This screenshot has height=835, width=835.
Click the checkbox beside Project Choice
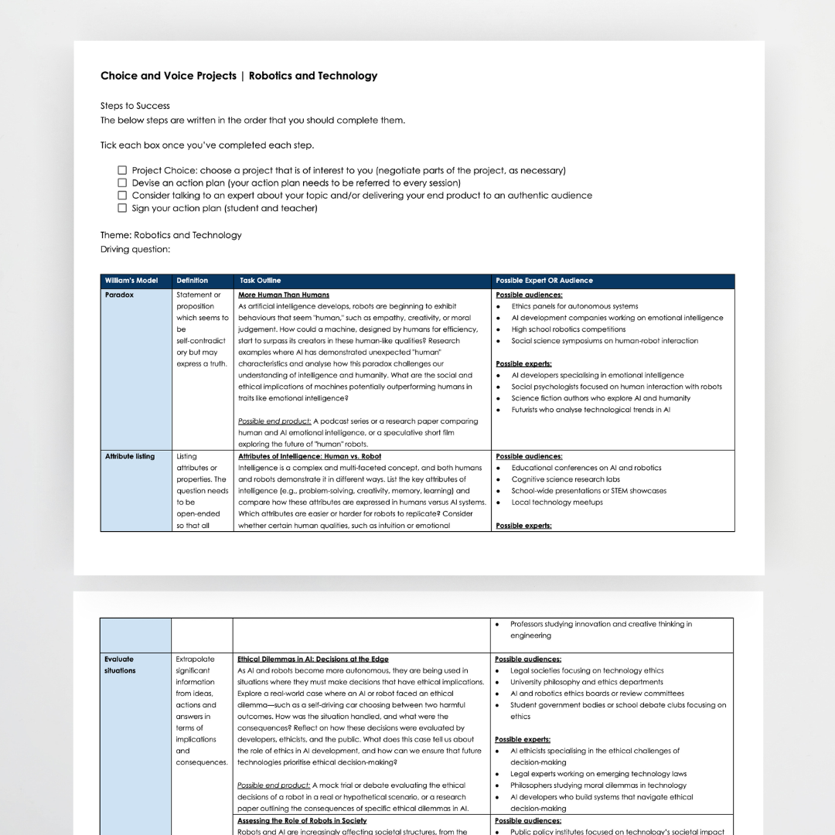coord(122,170)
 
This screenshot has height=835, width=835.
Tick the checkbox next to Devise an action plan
coord(122,183)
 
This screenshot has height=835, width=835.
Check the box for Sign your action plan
coord(122,208)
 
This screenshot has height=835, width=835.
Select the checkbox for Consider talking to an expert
coord(122,196)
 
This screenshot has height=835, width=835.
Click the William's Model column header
coord(131,281)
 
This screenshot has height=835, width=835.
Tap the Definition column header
coord(192,281)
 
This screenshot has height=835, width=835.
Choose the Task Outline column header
coord(260,281)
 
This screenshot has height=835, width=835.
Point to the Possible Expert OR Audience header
coord(544,281)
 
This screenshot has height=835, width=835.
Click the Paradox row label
coord(119,295)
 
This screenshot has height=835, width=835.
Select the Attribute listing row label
coord(130,456)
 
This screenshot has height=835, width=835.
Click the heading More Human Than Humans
coord(284,295)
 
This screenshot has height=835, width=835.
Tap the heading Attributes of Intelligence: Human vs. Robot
coord(309,456)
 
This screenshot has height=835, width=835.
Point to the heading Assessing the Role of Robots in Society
coord(302,821)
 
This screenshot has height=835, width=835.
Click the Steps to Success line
coord(135,106)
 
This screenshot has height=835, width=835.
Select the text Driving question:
coord(135,249)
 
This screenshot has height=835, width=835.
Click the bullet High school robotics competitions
coord(568,329)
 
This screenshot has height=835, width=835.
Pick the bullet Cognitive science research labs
coord(565,479)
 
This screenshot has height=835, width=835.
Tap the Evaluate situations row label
coord(120,665)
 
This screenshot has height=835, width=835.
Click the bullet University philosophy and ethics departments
coord(586,682)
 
